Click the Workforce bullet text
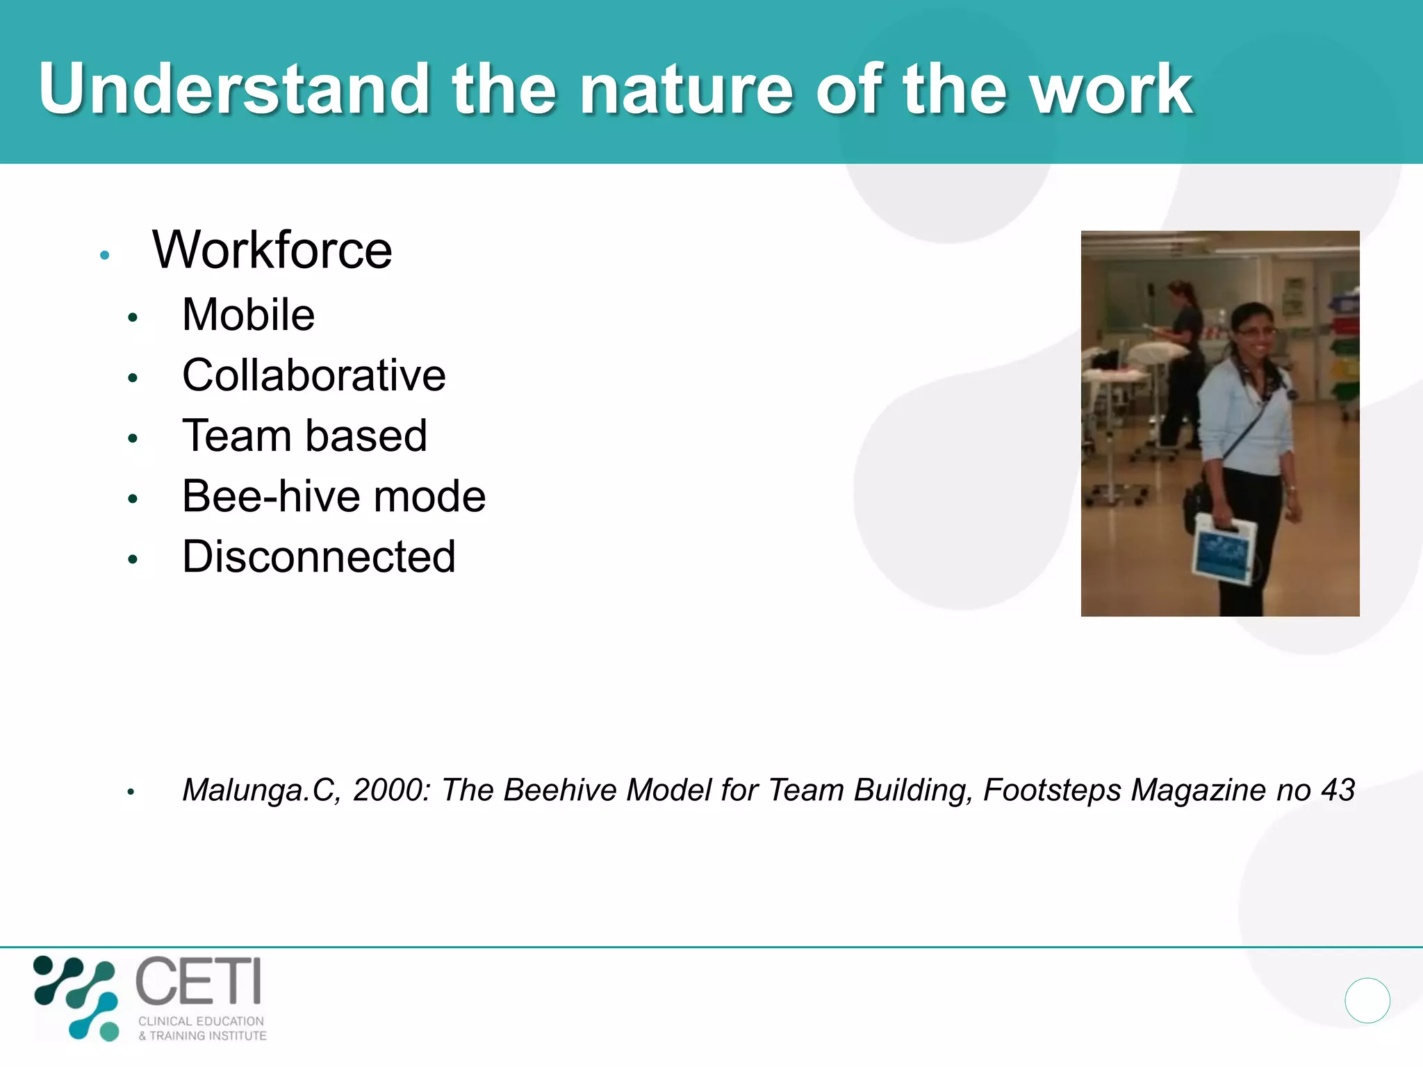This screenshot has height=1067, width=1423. pyautogui.click(x=272, y=250)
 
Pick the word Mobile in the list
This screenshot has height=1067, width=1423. pyautogui.click(x=248, y=315)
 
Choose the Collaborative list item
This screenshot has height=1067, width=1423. pyautogui.click(x=313, y=375)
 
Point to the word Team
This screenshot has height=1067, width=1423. pyautogui.click(x=236, y=436)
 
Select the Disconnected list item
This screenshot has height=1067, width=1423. pyautogui.click(x=318, y=556)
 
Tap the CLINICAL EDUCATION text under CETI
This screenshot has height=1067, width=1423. pyautogui.click(x=201, y=1021)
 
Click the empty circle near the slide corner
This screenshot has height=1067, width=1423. pyautogui.click(x=1367, y=1000)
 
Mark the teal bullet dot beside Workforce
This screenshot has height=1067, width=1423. pyautogui.click(x=105, y=255)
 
